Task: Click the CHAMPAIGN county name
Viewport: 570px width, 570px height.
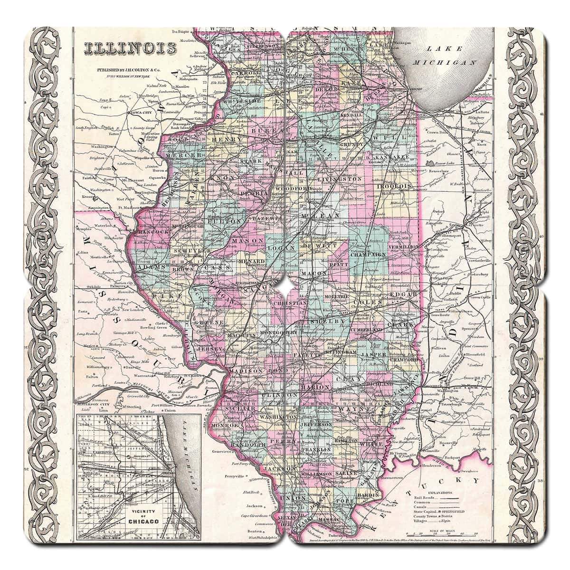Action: pyautogui.click(x=368, y=255)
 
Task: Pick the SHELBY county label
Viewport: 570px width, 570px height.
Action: pyautogui.click(x=323, y=322)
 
